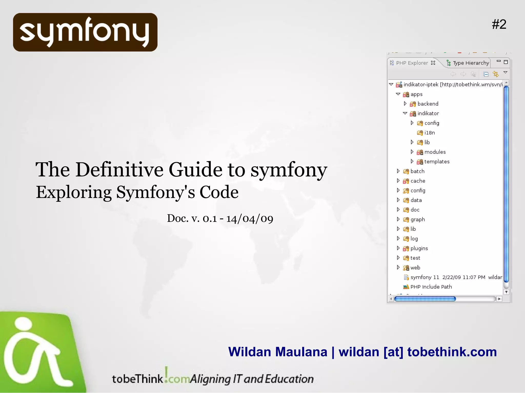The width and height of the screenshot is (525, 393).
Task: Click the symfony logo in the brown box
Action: click(85, 32)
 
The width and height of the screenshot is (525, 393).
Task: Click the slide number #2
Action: click(499, 25)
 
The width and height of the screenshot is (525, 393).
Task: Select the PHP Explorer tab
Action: click(412, 63)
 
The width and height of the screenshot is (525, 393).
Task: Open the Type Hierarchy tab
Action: click(471, 63)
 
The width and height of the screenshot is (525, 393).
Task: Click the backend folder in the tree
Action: click(428, 104)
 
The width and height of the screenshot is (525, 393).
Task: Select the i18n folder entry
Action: click(429, 133)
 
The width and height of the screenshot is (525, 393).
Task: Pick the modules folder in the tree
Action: click(435, 152)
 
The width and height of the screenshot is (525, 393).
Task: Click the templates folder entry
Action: click(437, 162)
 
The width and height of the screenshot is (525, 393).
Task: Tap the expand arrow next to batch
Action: click(398, 171)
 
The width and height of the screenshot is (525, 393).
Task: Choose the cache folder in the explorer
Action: click(418, 181)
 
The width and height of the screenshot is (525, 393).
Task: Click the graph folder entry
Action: click(417, 220)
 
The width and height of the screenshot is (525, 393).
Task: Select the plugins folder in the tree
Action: click(419, 248)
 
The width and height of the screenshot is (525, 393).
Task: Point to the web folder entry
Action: click(415, 268)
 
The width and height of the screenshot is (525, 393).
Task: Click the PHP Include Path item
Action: click(431, 287)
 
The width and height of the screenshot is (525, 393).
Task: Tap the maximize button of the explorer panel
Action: click(506, 62)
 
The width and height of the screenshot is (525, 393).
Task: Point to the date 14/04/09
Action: click(250, 219)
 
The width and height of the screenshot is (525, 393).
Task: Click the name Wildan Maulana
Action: click(278, 352)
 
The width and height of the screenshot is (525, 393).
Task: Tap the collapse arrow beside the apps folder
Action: click(398, 94)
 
